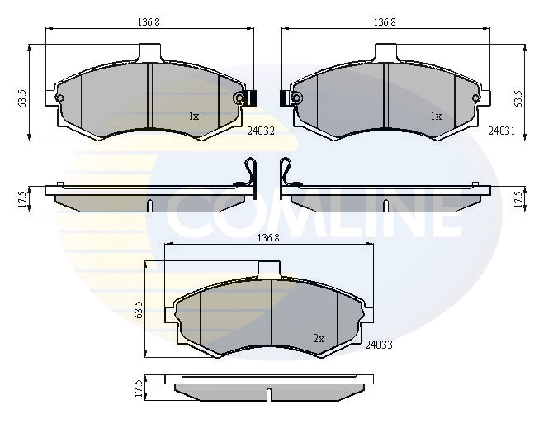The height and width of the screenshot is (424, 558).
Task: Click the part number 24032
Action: pos(261,131)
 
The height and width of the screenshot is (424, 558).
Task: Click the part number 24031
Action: pos(501,131)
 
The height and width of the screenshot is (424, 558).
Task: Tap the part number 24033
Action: pos(379,345)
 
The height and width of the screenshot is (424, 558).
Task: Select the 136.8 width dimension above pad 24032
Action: pos(149,22)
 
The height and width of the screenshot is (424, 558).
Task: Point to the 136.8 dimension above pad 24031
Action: pos(385,22)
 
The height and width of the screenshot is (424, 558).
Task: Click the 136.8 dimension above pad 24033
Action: pos(268,238)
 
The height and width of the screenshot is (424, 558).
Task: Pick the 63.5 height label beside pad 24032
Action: pos(23,98)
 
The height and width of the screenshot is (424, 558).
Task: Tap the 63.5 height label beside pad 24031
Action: pos(519,98)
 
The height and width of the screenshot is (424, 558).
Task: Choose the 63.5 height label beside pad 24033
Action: pos(139,310)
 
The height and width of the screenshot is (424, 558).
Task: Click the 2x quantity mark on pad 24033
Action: pos(319,339)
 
